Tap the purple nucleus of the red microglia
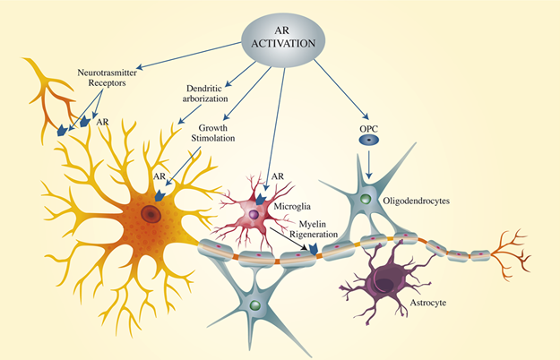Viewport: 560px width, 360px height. coord(254,215)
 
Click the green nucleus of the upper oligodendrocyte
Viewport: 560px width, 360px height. coord(365,201)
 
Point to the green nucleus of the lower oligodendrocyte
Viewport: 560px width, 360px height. coord(256,305)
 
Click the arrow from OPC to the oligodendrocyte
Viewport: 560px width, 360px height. coord(367,163)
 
